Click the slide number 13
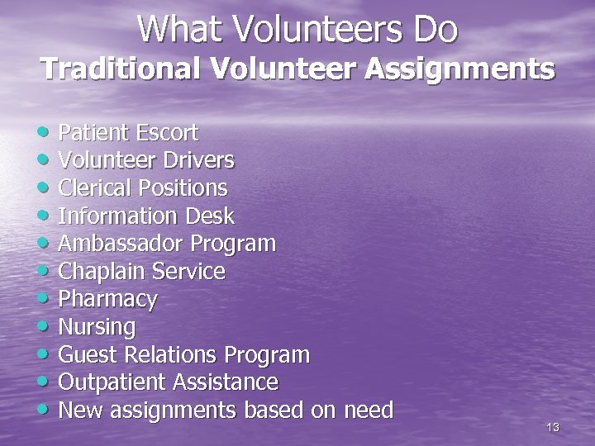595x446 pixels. point(553,427)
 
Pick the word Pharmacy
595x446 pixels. point(107,299)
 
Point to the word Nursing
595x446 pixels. point(98,327)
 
